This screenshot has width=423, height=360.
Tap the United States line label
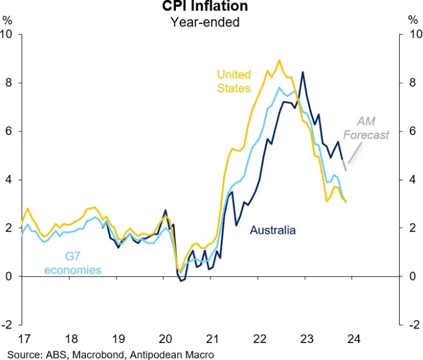234,81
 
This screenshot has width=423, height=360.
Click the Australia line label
273,230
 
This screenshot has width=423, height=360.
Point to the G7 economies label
72,262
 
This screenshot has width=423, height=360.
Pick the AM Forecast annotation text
366,129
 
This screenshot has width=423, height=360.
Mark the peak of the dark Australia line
302,72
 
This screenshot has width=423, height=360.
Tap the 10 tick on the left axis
8,34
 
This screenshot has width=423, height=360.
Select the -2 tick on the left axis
8,324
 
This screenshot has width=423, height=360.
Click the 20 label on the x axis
165,340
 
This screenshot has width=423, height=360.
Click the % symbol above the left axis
7,20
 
